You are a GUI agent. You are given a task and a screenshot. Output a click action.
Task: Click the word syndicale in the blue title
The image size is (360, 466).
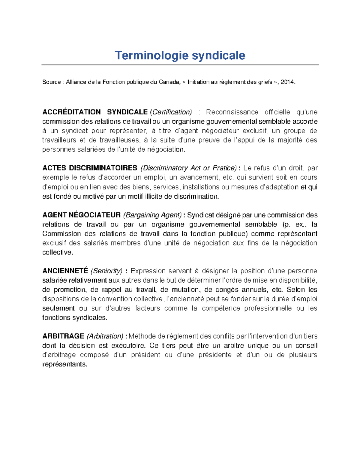coord(218,56)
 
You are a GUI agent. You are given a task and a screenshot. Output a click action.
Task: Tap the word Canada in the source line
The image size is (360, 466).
coord(169,82)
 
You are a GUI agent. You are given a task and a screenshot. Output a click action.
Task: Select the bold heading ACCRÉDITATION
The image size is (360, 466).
coord(71,112)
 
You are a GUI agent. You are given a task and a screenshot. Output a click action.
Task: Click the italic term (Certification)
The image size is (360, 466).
coord(171,112)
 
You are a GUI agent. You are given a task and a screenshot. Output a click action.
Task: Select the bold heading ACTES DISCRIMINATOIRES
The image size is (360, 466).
coord(90,168)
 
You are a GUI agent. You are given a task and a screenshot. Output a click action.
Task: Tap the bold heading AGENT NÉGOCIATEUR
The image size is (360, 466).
coord(81,215)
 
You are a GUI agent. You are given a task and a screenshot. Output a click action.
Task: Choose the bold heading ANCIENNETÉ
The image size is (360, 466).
coord(65,271)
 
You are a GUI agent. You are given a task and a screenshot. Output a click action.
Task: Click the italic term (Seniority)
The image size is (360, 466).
coord(106,271)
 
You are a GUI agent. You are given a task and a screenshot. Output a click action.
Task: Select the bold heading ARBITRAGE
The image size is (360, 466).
coord(63,336)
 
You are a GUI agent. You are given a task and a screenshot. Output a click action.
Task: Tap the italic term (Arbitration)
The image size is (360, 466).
coord(105,336)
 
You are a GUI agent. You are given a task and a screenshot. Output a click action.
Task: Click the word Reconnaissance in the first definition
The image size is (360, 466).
coord(232,112)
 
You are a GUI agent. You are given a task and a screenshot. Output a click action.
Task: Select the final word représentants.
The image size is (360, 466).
coord(64,364)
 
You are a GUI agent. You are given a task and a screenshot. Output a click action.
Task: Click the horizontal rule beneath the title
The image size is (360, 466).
coord(180,65)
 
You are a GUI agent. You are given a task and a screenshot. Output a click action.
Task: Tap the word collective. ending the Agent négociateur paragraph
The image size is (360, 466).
coord(58,252)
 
